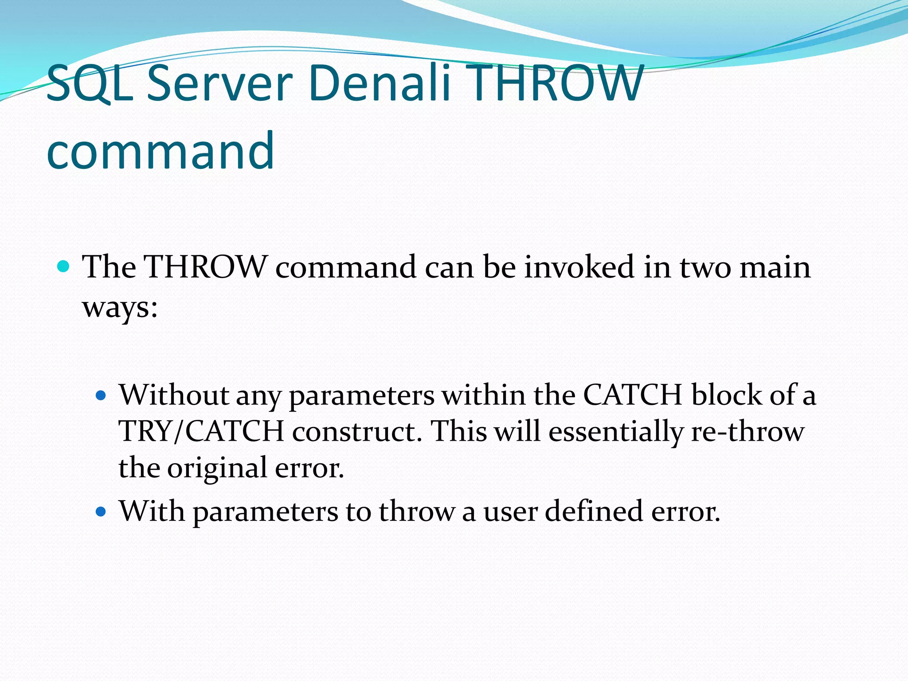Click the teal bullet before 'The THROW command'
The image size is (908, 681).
click(64, 266)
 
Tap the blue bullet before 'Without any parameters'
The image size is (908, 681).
click(102, 395)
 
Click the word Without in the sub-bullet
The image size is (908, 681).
click(173, 395)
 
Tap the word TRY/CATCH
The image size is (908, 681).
click(201, 431)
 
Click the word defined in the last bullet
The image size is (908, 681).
click(594, 511)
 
